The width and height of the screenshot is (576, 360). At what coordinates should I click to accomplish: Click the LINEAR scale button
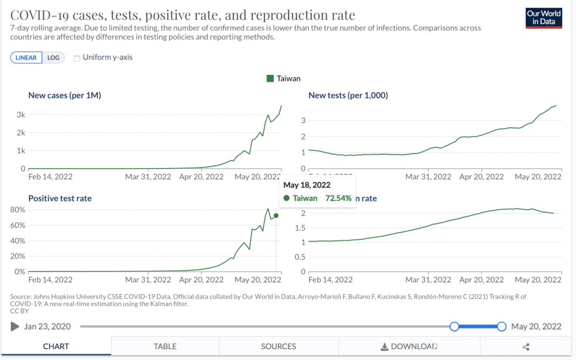26,58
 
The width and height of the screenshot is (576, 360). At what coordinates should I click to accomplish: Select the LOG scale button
53,58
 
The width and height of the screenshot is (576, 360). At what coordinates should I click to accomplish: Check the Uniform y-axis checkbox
77,58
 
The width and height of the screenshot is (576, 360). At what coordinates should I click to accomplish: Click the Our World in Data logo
543,18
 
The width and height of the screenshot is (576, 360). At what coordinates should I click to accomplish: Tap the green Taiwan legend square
270,78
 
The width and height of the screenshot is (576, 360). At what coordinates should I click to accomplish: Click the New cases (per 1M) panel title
65,95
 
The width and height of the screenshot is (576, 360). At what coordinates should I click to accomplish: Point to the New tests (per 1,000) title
348,95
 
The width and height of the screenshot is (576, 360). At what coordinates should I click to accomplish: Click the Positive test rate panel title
60,198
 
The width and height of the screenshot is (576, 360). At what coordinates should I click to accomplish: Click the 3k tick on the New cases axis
21,115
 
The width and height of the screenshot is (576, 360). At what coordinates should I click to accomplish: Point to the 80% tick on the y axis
19,210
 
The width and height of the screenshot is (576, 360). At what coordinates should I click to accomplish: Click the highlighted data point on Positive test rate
276,215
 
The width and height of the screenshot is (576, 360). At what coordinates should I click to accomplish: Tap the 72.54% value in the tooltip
338,198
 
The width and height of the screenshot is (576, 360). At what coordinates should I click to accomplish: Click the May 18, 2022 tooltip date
307,185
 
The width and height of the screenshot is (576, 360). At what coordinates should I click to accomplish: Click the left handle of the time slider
454,326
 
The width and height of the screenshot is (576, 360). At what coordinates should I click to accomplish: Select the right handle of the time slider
501,326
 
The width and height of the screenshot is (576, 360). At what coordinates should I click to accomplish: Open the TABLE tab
165,346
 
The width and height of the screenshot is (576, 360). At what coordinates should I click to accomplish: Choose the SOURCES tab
278,346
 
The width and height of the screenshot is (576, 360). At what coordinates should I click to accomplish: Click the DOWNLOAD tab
409,346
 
